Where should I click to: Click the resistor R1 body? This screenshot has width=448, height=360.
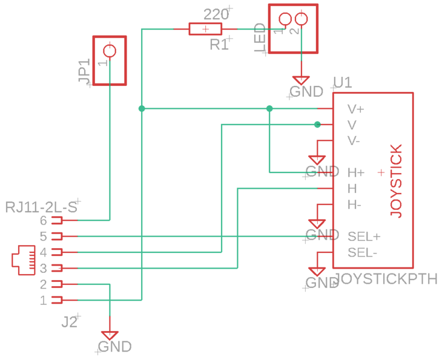pos(205,29)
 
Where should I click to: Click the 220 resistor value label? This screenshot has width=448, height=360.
pos(216,14)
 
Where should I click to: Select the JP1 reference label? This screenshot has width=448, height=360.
pos(84,71)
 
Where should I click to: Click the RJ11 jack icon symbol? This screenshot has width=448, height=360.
pos(24,260)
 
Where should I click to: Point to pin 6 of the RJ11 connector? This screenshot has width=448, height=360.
pos(58,220)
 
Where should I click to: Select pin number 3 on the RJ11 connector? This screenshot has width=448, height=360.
pos(43,267)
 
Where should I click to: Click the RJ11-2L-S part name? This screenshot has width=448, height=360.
pos(41,207)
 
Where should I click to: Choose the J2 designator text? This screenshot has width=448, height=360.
pos(70,322)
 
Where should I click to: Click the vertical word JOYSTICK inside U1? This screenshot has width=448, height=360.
pos(395,180)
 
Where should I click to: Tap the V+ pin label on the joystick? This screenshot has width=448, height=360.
pos(356,109)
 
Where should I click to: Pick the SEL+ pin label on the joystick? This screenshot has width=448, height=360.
pos(364,236)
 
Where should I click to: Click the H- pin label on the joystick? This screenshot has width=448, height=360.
pos(354,205)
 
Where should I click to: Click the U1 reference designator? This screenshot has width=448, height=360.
pos(342,83)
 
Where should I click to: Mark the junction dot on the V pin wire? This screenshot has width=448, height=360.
pos(317,124)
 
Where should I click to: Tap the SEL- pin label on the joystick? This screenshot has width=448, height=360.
pos(363,252)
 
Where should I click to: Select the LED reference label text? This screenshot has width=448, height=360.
pos(261,39)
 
